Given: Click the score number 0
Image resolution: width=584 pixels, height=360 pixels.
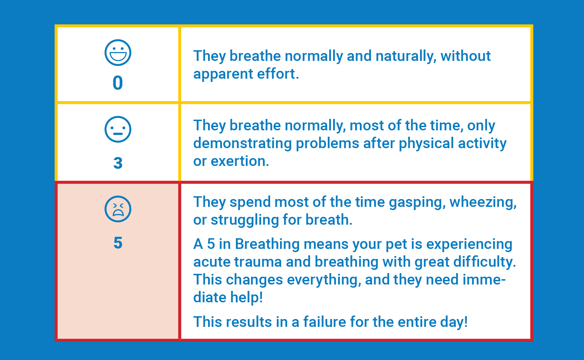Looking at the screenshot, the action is click(x=118, y=83).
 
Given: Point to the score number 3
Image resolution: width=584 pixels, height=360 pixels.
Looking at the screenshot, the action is click(x=118, y=163).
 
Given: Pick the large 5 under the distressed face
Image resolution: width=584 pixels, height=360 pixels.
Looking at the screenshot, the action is click(x=118, y=243).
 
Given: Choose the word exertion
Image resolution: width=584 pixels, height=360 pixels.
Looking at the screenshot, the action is click(x=240, y=161).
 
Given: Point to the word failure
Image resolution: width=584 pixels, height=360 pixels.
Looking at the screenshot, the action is click(x=324, y=322).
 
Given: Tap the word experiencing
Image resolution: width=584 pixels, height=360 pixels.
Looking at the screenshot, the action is click(x=469, y=245).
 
